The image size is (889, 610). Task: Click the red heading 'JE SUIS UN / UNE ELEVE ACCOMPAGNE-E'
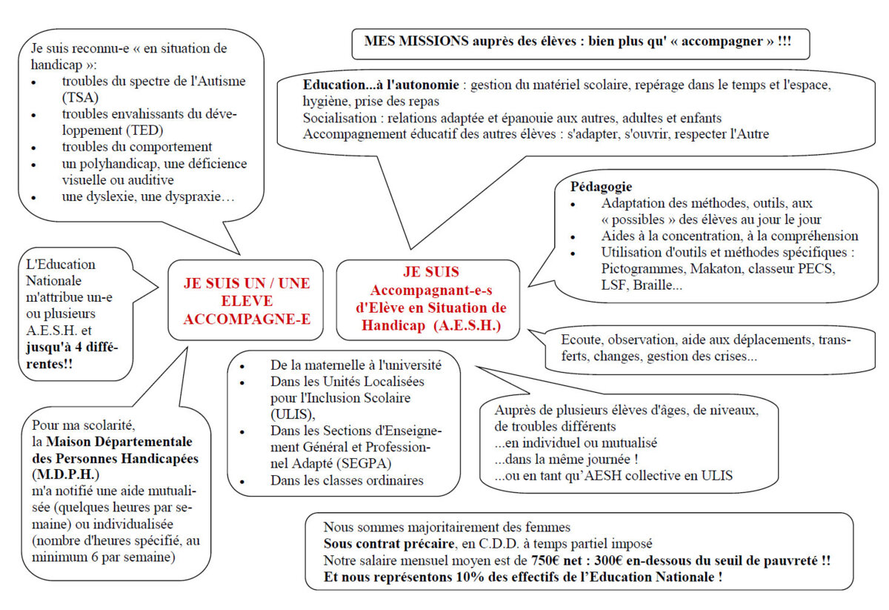pyautogui.click(x=247, y=301)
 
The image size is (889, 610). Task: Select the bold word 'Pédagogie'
pyautogui.click(x=601, y=186)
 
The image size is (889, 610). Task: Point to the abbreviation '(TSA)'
pyautogui.click(x=80, y=97)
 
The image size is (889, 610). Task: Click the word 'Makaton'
pyautogui.click(x=714, y=269)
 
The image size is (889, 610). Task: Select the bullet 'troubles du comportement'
pyautogui.click(x=137, y=147)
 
